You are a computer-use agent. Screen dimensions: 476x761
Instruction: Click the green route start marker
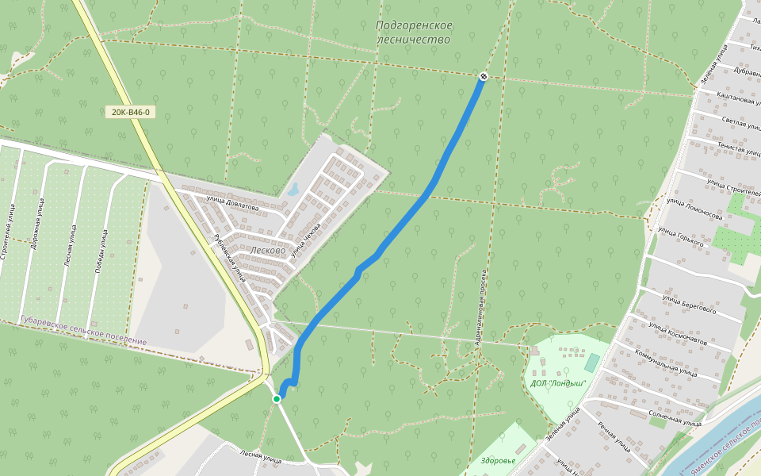pyautogui.click(x=277, y=398)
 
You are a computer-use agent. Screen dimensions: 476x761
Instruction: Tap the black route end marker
pyautogui.click(x=483, y=76)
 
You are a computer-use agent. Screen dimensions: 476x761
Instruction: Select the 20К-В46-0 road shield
pyautogui.click(x=131, y=112)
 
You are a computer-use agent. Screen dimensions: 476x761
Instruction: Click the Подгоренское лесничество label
pyautogui.click(x=414, y=33)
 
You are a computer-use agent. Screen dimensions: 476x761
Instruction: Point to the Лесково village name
pyautogui.click(x=267, y=249)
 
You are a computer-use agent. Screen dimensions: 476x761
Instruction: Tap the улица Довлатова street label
pyautogui.click(x=232, y=204)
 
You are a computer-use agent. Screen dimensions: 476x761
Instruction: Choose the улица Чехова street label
pyautogui.click(x=305, y=239)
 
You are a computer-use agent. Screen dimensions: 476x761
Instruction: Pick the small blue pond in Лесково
pyautogui.click(x=293, y=190)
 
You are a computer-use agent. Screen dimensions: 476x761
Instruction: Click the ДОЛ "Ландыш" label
pyautogui.click(x=558, y=382)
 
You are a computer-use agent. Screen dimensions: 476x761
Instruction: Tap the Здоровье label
pyautogui.click(x=498, y=460)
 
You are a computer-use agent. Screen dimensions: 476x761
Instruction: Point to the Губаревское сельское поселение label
pyautogui.click(x=83, y=330)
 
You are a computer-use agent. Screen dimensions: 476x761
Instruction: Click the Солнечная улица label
pyautogui.click(x=675, y=418)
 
